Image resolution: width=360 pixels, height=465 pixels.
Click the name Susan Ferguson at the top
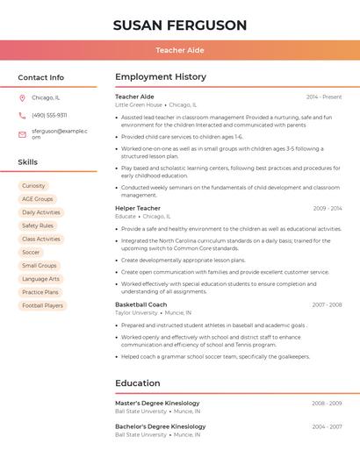coord(180,25)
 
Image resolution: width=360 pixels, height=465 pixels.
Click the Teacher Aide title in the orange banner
coord(180,50)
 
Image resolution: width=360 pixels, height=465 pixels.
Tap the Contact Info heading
coord(41,77)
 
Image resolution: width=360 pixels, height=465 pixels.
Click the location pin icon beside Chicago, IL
coord(22,97)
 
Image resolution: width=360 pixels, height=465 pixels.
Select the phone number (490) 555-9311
coord(49,115)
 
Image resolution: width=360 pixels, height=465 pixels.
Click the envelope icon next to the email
coord(22,133)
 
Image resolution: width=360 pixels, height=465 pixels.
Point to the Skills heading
coord(28,162)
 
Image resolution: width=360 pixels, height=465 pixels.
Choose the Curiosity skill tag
coord(33,186)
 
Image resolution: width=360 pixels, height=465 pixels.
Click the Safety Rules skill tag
coord(38,225)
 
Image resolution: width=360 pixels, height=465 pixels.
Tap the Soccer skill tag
coord(31,252)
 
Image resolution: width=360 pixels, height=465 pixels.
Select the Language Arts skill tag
coord(40,279)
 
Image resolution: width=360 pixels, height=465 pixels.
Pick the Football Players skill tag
coord(42,305)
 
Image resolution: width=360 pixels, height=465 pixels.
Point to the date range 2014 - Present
coord(324,97)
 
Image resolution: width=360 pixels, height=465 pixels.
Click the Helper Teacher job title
coord(138,208)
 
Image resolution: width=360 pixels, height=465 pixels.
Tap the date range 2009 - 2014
coord(327,208)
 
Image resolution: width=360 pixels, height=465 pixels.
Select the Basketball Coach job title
coord(140,304)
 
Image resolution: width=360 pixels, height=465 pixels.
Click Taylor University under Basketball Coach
coord(136,312)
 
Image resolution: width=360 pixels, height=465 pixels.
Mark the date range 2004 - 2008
coord(327,426)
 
